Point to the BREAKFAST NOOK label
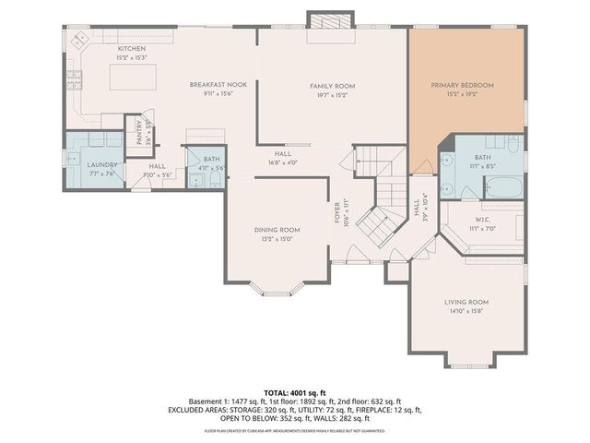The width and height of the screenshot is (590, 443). click(212, 84)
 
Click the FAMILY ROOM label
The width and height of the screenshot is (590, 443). click(332, 86)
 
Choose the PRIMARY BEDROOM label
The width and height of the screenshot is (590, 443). click(462, 85)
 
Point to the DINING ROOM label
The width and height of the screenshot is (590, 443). click(277, 229)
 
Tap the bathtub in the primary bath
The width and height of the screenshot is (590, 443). click(503, 188)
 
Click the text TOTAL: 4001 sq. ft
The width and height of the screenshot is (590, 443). click(294, 393)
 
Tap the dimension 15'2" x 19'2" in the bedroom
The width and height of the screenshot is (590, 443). click(462, 93)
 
